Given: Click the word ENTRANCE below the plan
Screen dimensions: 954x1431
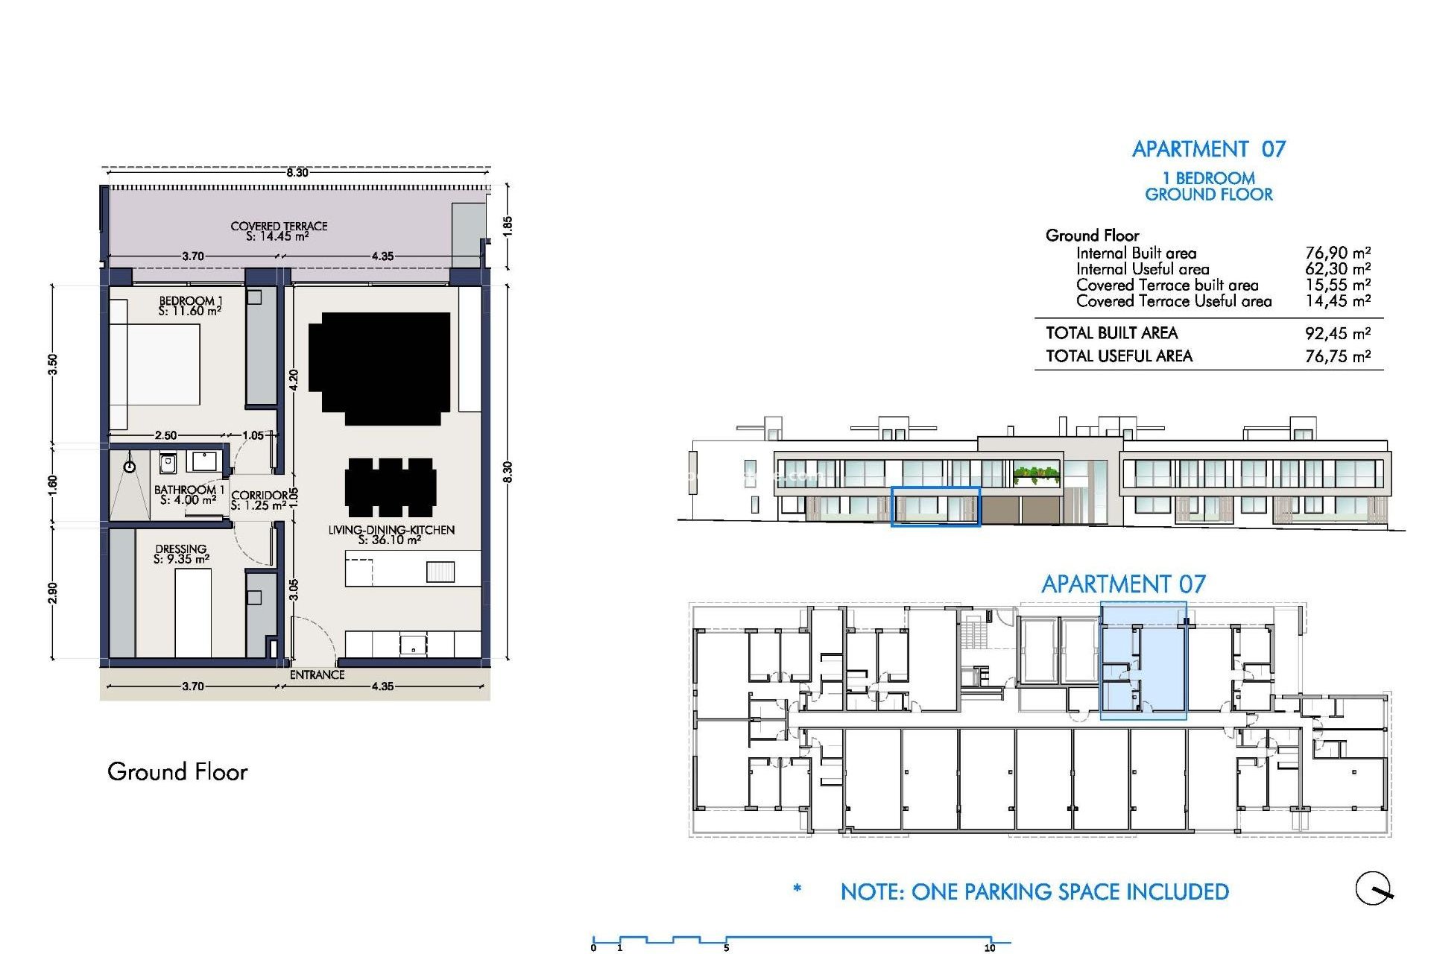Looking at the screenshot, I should point(317,675).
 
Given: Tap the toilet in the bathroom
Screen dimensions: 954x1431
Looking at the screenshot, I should point(168,464).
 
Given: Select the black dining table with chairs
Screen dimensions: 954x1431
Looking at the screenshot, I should point(391,487).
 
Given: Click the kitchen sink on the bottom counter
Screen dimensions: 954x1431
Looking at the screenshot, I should point(413,643).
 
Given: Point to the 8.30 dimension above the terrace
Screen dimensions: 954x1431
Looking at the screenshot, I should point(297,173).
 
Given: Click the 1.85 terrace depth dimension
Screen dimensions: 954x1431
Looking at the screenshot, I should point(508,225).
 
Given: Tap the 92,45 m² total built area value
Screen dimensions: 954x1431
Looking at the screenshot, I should point(1337,333).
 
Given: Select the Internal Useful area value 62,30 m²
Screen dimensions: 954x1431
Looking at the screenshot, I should point(1337,269).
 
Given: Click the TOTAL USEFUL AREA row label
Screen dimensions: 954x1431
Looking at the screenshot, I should point(1119,356).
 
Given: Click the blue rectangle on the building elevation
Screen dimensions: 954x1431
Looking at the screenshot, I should point(935,507).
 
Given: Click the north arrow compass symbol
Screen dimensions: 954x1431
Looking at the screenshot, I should point(1374,888).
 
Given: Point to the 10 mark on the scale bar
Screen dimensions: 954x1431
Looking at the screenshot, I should point(990,947).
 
